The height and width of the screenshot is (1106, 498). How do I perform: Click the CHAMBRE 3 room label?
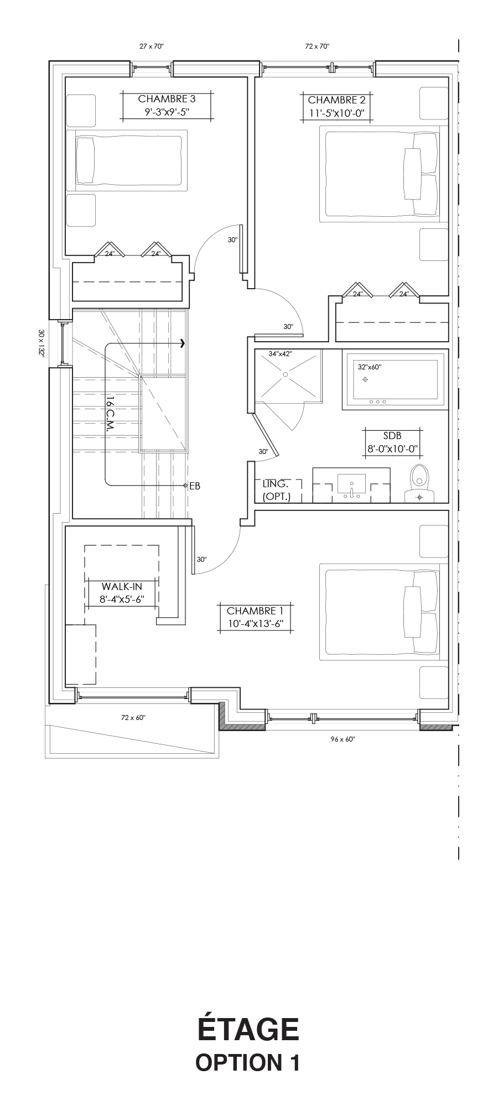167,100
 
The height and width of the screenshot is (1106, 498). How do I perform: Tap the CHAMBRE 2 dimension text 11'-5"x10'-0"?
336,114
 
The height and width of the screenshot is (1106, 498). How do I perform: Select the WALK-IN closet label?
121,586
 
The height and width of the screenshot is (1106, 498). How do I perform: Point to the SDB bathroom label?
392,436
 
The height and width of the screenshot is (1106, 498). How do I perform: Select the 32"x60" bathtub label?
369,367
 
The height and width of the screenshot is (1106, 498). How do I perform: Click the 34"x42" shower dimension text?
280,353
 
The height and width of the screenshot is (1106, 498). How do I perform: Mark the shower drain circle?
285,374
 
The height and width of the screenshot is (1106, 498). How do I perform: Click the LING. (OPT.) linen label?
276,490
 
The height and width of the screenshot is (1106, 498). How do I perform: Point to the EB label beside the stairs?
194,486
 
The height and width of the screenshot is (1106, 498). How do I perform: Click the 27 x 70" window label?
152,47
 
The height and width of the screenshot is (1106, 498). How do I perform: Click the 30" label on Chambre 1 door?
201,560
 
